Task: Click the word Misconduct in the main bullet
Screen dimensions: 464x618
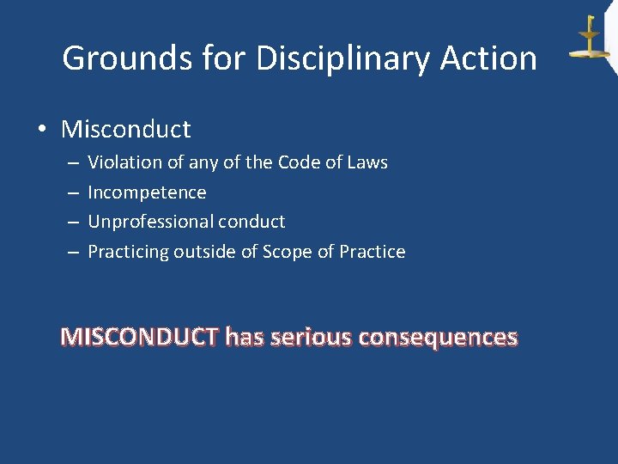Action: coord(126,130)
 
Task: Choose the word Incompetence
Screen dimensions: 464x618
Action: coord(147,192)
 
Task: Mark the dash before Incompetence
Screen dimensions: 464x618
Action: coord(72,192)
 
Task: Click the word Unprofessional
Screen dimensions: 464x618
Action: coord(150,222)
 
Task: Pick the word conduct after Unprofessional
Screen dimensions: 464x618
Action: coord(251,222)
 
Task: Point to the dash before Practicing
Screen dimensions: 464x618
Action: coord(72,252)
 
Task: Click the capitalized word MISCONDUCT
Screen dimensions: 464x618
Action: coord(140,337)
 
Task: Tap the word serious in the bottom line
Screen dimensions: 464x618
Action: coord(311,337)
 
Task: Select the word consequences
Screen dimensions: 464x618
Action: coord(438,337)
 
